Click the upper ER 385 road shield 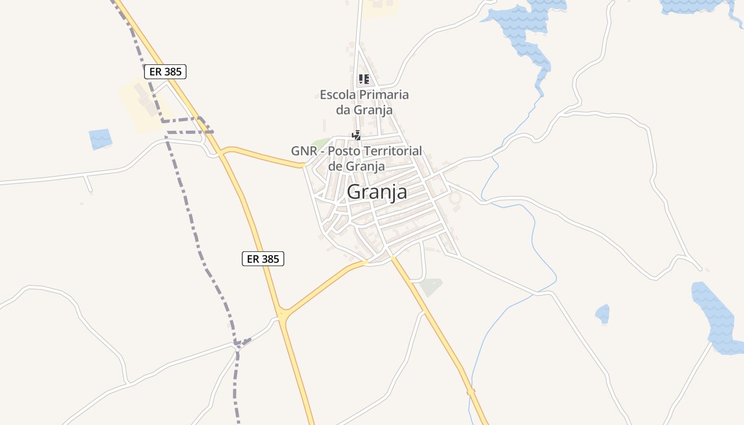[165, 72]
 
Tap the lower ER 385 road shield [263, 259]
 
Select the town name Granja [377, 192]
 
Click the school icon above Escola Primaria [364, 80]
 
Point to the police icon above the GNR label [357, 135]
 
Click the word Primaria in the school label [384, 95]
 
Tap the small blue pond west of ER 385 [100, 139]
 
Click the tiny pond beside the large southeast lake [602, 313]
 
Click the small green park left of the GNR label [320, 143]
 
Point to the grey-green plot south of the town [430, 287]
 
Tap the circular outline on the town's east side [455, 199]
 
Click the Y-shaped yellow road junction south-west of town [283, 313]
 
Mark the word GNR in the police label [302, 151]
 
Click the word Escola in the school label [338, 95]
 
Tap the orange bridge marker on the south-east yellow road [471, 392]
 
